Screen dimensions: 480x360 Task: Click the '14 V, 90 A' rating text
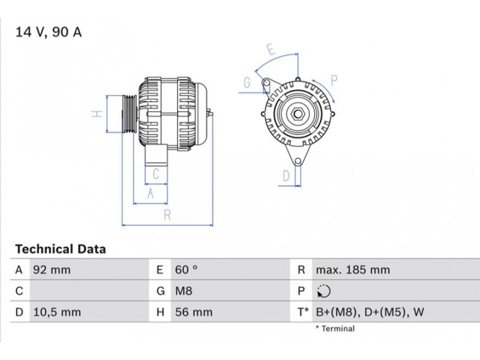point(49,32)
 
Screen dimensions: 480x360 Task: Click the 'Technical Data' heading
point(61,249)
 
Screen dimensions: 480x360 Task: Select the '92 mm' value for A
point(52,270)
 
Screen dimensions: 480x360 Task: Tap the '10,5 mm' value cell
point(57,312)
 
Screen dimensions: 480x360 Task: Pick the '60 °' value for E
point(186,270)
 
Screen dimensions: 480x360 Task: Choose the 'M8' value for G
point(184,291)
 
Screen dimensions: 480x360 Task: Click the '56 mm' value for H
point(194,312)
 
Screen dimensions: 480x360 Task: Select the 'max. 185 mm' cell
point(353,270)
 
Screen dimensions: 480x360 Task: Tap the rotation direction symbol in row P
point(324,291)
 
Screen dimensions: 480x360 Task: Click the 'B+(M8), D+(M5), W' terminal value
point(370,312)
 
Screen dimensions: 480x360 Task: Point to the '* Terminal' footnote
point(335,329)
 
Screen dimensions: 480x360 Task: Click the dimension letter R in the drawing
point(167,215)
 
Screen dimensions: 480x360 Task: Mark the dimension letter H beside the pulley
point(97,114)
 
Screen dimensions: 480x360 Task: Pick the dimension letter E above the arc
point(271,49)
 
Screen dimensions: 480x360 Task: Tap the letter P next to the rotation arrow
point(334,80)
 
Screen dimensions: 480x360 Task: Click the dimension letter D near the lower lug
point(286,176)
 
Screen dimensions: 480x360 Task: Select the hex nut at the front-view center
point(297,114)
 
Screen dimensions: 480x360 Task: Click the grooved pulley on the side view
point(129,114)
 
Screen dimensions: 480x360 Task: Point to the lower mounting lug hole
point(298,161)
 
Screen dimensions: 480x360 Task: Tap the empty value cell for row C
point(89,291)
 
